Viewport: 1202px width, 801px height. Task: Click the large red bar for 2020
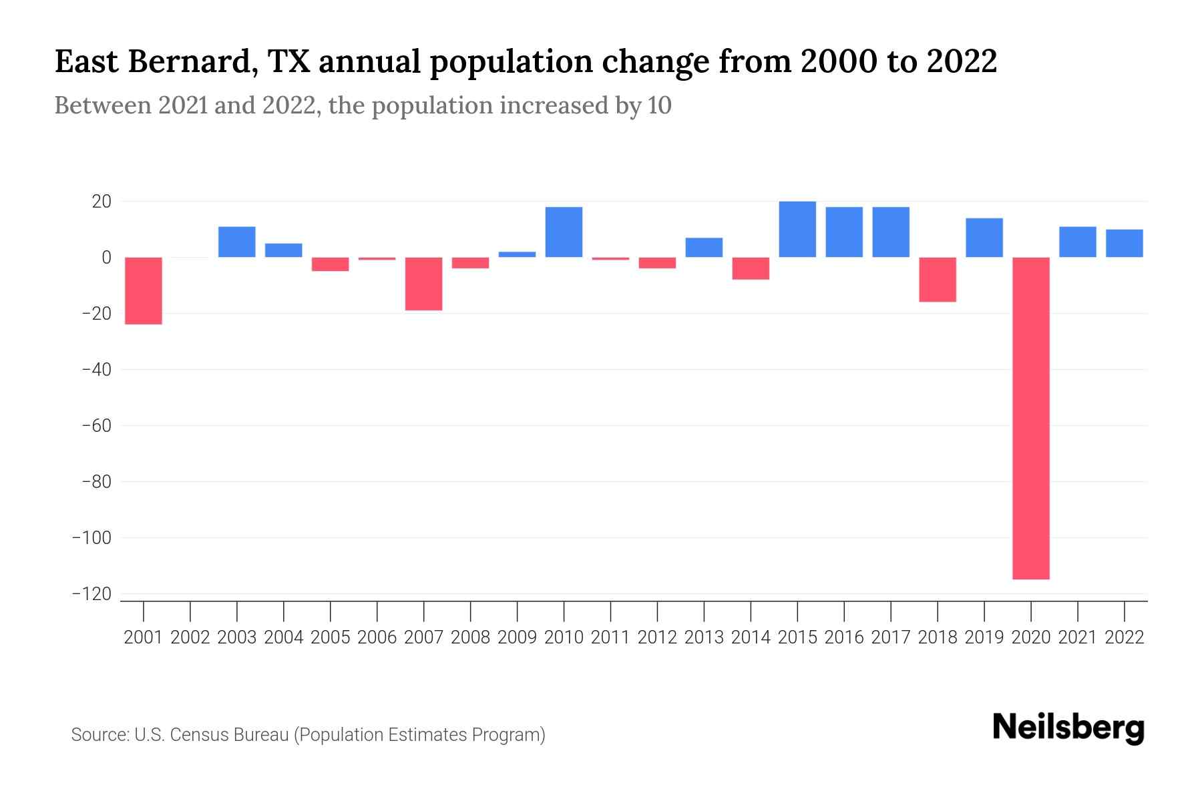pyautogui.click(x=1031, y=418)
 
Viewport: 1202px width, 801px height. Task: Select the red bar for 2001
pyautogui.click(x=144, y=290)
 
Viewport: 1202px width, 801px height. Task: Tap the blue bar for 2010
pyautogui.click(x=564, y=232)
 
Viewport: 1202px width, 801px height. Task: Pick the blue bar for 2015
pyautogui.click(x=797, y=229)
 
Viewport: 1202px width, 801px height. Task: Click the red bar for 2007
pyautogui.click(x=423, y=284)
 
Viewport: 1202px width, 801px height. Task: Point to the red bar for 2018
pyautogui.click(x=938, y=279)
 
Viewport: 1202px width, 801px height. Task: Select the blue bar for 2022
pyautogui.click(x=1125, y=243)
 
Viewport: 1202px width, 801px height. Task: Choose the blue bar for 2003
pyautogui.click(x=237, y=242)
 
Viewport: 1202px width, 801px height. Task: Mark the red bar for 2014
pyautogui.click(x=751, y=268)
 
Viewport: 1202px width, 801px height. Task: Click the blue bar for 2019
pyautogui.click(x=984, y=238)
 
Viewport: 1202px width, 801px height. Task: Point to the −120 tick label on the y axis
pyautogui.click(x=91, y=593)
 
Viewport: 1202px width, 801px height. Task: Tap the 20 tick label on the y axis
pyautogui.click(x=101, y=201)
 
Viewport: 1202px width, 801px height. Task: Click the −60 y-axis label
pyautogui.click(x=95, y=425)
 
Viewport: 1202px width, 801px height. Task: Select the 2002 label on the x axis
pyautogui.click(x=190, y=637)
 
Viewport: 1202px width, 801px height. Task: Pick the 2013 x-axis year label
pyautogui.click(x=704, y=637)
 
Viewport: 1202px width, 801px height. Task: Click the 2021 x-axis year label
pyautogui.click(x=1078, y=637)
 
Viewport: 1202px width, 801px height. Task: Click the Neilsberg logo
pyautogui.click(x=1068, y=728)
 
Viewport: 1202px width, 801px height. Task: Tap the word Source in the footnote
pyautogui.click(x=99, y=735)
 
